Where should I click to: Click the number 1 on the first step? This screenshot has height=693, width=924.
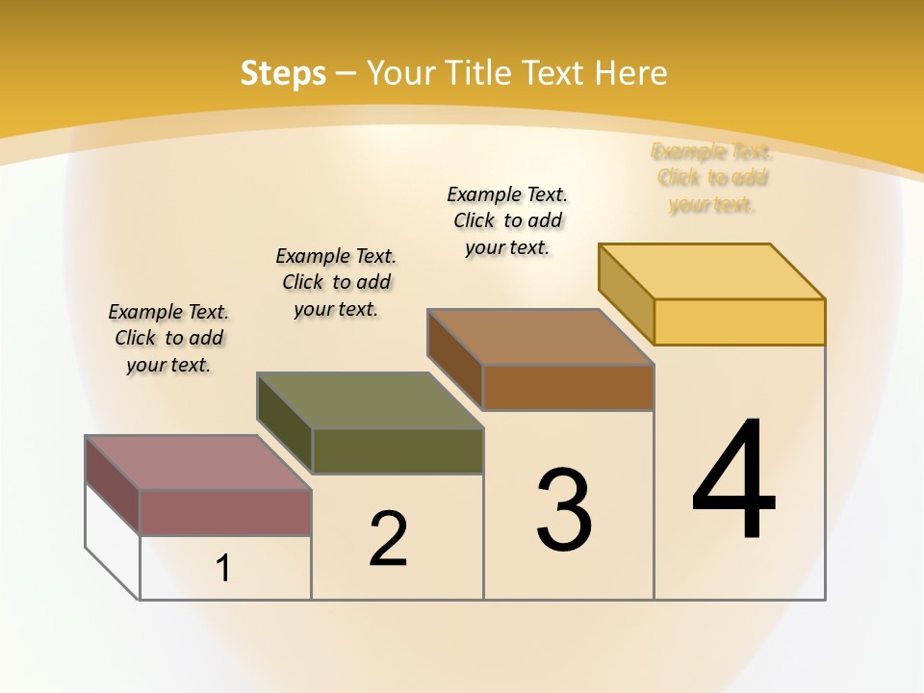(x=223, y=569)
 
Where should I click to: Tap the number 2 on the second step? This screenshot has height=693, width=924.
(x=388, y=538)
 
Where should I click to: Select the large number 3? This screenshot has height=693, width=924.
(x=564, y=510)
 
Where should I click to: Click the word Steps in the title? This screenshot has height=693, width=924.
(x=283, y=73)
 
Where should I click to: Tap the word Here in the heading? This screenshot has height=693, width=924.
(x=631, y=73)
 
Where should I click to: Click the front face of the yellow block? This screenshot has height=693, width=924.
(x=739, y=321)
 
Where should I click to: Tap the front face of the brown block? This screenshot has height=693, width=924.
(x=568, y=387)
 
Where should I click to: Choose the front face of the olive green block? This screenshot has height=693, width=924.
(x=398, y=450)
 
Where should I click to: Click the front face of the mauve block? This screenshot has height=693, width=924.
(x=225, y=512)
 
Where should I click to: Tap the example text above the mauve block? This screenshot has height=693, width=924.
(x=168, y=338)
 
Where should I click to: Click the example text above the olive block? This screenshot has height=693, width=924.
(x=336, y=282)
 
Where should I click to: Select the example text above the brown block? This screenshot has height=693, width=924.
(x=507, y=220)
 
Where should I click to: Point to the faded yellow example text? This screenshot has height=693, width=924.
(x=712, y=178)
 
